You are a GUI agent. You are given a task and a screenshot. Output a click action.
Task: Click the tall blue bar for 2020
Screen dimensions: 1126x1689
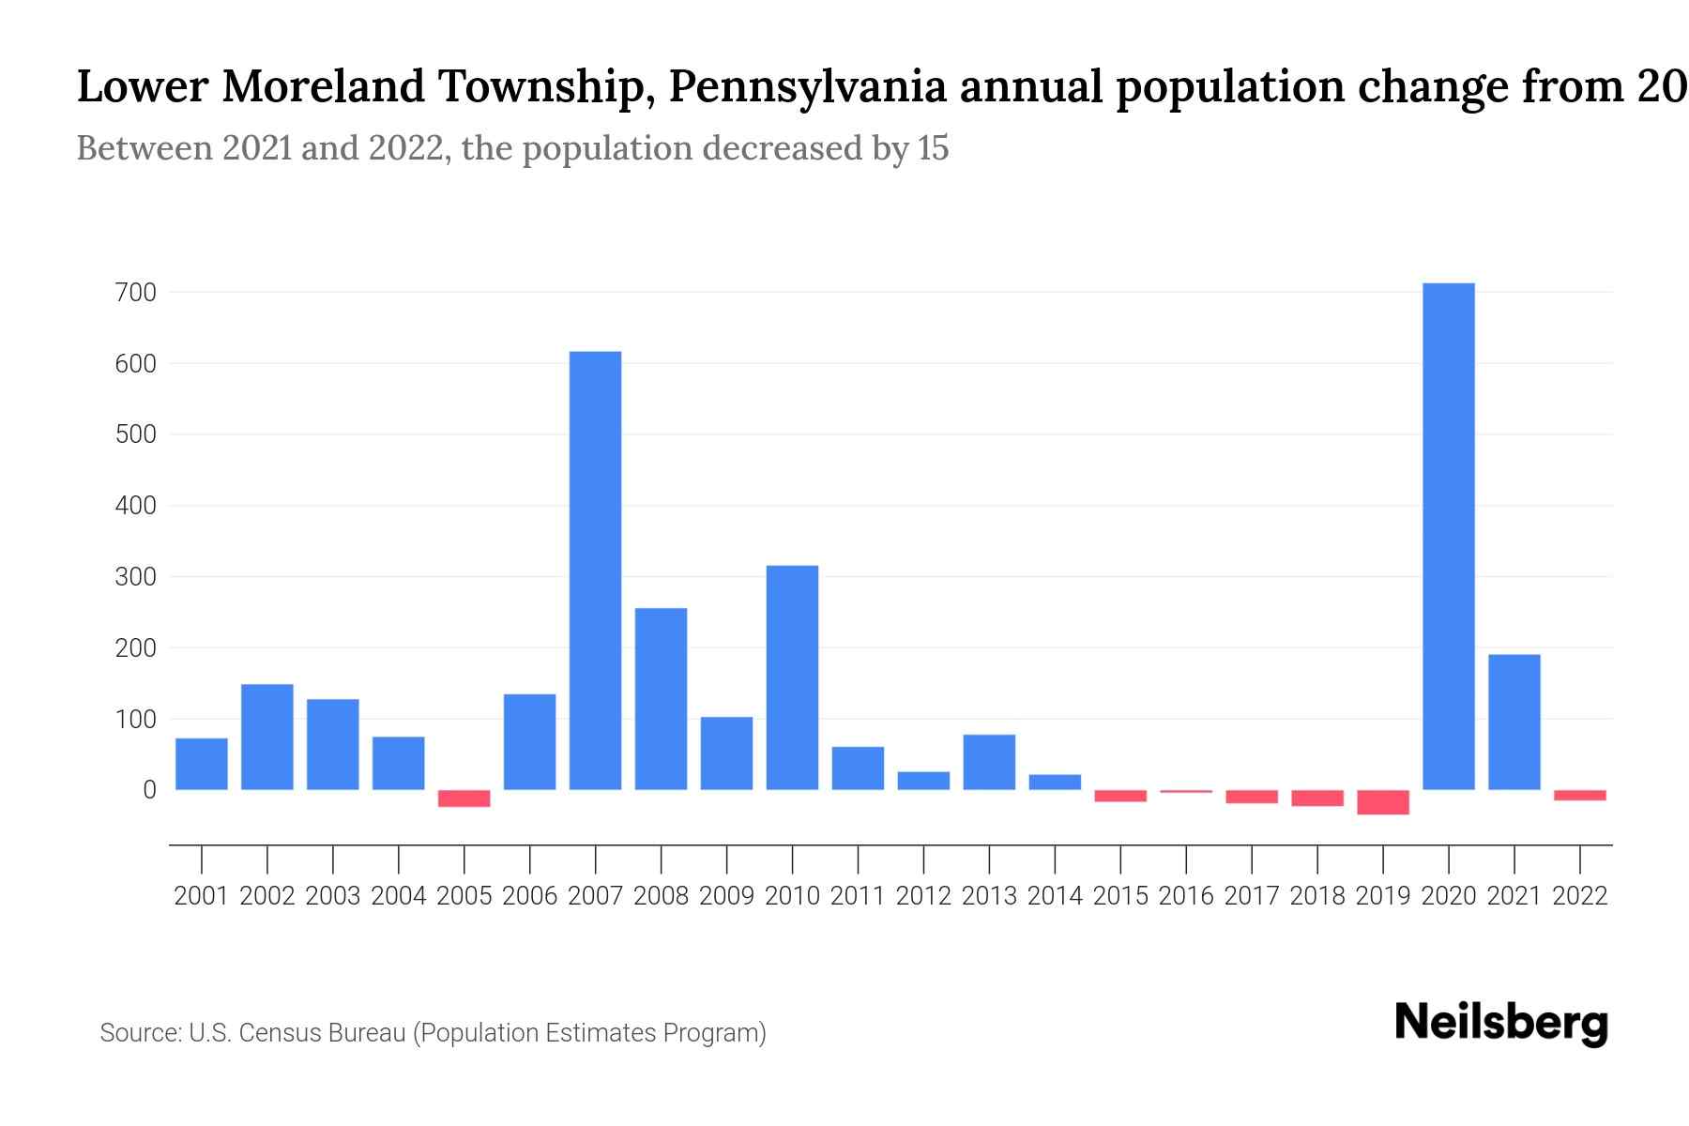pyautogui.click(x=1448, y=536)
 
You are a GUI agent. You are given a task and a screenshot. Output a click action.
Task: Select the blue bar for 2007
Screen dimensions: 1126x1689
pyautogui.click(x=595, y=570)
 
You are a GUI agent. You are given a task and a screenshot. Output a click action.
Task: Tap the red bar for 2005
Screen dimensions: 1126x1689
pyautogui.click(x=464, y=799)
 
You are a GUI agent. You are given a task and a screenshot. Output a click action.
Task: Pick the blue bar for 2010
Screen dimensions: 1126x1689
pyautogui.click(x=792, y=677)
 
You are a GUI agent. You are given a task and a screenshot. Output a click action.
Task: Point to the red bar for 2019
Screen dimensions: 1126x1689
pyautogui.click(x=1382, y=802)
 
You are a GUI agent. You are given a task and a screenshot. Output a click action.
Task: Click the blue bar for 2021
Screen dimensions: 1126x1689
pyautogui.click(x=1514, y=722)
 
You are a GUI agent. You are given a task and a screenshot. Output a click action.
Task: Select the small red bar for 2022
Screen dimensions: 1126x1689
pyautogui.click(x=1579, y=795)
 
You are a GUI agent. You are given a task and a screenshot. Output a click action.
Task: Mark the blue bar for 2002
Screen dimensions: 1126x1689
pyautogui.click(x=267, y=737)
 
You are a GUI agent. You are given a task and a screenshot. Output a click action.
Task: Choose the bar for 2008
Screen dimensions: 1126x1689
pyautogui.click(x=661, y=698)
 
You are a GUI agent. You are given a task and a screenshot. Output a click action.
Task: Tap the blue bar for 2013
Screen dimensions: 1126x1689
pyautogui.click(x=989, y=762)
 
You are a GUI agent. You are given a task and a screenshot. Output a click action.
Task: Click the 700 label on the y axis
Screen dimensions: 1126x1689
pyautogui.click(x=135, y=293)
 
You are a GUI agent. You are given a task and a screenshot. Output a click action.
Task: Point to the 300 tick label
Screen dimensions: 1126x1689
pyautogui.click(x=135, y=577)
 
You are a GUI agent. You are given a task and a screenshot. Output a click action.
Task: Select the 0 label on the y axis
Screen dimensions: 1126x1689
pyautogui.click(x=148, y=790)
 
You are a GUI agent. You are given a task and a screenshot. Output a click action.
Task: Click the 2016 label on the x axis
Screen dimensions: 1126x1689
pyautogui.click(x=1186, y=896)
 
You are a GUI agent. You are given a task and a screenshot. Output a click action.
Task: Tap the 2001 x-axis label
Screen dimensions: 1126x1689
pyautogui.click(x=202, y=896)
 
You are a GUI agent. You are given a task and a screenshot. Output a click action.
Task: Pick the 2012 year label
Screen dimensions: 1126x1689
pyautogui.click(x=923, y=896)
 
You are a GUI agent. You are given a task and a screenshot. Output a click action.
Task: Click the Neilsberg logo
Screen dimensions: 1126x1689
pyautogui.click(x=1500, y=1023)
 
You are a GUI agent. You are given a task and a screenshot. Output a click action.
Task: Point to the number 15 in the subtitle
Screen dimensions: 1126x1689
pyautogui.click(x=934, y=148)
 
